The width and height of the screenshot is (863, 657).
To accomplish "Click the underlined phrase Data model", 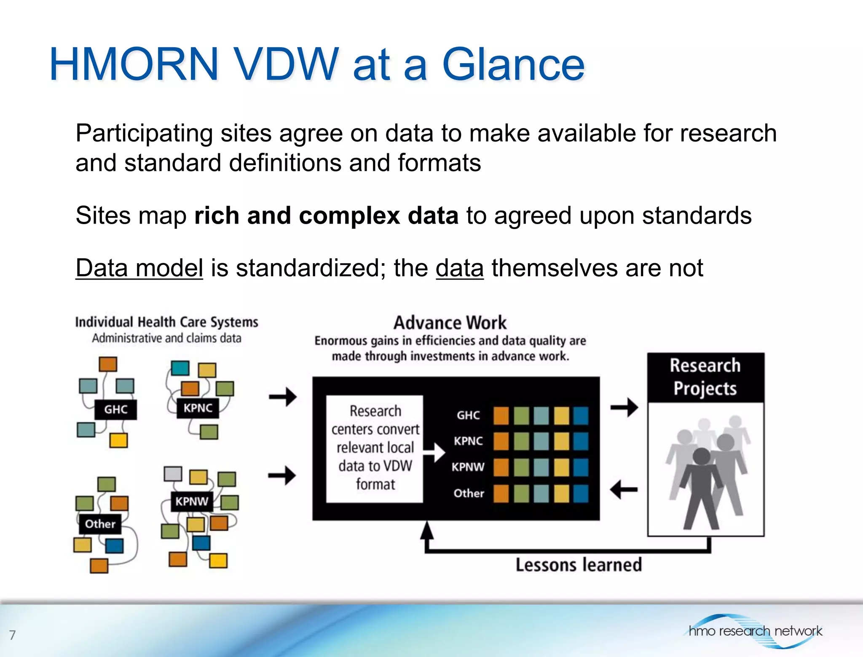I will tap(139, 268).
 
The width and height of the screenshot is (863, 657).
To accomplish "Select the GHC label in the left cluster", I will tap(116, 409).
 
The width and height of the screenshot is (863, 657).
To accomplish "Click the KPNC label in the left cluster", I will tap(198, 408).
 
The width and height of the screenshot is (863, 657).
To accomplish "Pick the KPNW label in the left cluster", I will tap(192, 501).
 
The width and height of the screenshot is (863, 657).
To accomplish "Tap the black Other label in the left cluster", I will tap(100, 524).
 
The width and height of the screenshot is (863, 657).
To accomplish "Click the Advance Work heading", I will tap(450, 323).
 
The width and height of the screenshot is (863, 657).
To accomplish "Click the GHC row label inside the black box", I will tap(468, 416).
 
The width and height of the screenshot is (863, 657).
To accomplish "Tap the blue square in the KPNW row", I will tap(581, 467).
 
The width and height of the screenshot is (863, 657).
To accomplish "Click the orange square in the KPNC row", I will tap(501, 441).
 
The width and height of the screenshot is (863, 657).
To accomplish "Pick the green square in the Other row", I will tap(521, 494).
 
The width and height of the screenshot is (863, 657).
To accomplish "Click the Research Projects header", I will tap(705, 377).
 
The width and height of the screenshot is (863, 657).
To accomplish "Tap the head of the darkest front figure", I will tap(702, 457).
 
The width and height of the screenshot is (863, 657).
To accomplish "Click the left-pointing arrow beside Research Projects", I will tap(624, 490).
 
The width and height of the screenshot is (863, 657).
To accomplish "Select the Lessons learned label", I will tap(579, 565).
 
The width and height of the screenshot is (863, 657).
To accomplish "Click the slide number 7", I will tap(13, 635).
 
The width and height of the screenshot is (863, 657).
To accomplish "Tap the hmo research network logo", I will tap(754, 631).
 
